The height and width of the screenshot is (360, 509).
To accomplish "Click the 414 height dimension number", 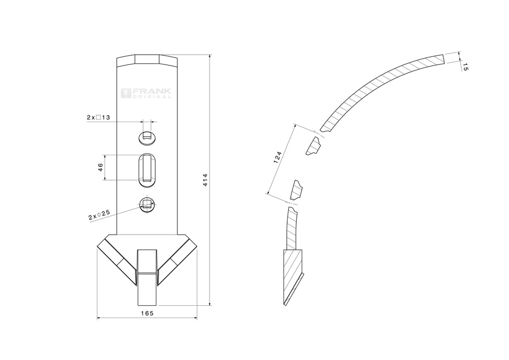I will tap(205, 180).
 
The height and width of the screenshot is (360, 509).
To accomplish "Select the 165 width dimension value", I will tap(147, 313).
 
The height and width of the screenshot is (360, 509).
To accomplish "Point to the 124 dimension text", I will tap(277, 157).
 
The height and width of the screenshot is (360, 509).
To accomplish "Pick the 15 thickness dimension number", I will tap(465, 67).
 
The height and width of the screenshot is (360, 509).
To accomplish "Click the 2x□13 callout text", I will tap(99, 117).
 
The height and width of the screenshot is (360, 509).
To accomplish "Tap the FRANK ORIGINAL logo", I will tap(146, 93).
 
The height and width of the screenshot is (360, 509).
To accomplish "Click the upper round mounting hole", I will tap(147, 137).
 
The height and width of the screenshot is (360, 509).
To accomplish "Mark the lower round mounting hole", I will tap(147, 204).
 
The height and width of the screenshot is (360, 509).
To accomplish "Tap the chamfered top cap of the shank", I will tap(147, 59).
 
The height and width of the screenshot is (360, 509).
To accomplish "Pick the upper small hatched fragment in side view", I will tap(313, 146).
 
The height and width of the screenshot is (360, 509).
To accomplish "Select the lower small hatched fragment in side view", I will tap(296, 190).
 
